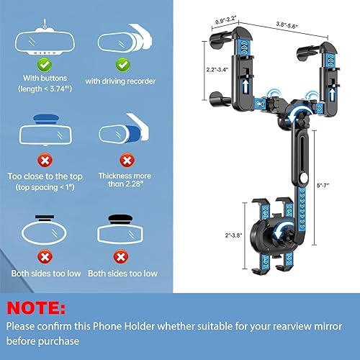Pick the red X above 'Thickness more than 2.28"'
click(126, 158)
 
